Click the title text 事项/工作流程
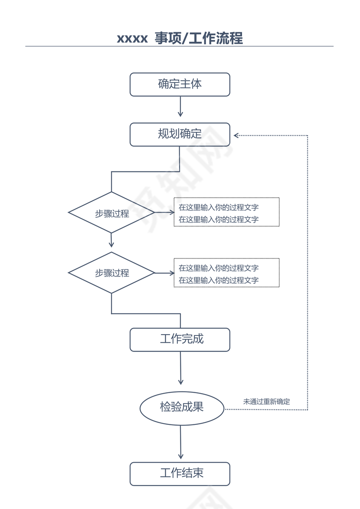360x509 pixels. [199, 38]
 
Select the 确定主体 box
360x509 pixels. [180, 84]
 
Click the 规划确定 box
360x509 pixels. [180, 134]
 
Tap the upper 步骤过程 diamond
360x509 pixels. [111, 213]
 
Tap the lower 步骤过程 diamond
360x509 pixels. [111, 273]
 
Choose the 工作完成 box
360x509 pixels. [180, 339]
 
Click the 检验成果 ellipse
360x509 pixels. [182, 407]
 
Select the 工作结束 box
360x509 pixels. [180, 473]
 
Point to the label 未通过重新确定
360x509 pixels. [266, 402]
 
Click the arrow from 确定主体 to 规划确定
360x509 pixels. [180, 107]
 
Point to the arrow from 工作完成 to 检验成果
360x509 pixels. [180, 368]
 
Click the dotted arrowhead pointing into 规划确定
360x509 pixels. [236, 135]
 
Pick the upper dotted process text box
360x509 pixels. [226, 212]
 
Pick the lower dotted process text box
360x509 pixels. [226, 273]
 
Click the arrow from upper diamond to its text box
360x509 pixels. [164, 213]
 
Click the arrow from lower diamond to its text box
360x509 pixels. [164, 273]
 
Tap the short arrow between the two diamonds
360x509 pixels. [111, 240]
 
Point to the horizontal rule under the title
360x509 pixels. [180, 46]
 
